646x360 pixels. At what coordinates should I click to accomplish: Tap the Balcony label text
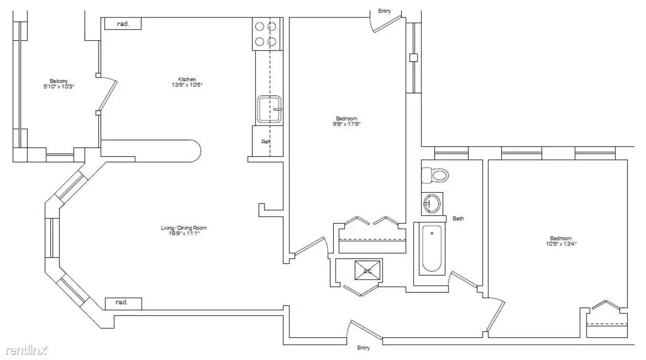point(58,81)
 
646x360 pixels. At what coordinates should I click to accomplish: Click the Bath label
point(458,218)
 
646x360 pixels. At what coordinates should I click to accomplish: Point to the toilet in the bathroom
point(435,176)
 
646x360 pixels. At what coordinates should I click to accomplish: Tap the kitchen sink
point(269,109)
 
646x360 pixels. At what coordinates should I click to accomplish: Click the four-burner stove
point(267,34)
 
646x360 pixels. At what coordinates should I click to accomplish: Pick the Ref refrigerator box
point(267,142)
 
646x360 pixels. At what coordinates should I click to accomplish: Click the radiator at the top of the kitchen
point(123,24)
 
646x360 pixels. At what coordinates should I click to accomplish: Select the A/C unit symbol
point(367,270)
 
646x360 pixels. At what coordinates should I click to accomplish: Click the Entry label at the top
point(384,11)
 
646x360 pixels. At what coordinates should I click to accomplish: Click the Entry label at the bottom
point(363,348)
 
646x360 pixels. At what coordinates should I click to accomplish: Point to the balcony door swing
point(107,95)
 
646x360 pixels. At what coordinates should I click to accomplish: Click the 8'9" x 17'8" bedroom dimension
point(347,124)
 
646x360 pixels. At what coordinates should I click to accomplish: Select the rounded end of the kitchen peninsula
point(194,151)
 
